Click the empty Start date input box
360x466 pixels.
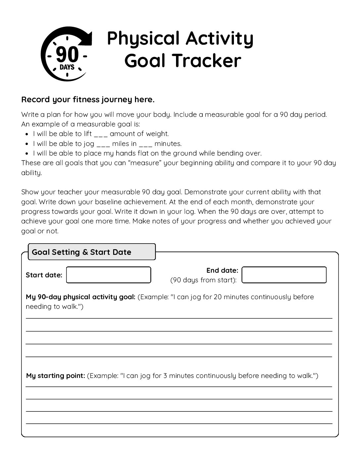click(109, 275)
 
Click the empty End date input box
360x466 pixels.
click(284, 275)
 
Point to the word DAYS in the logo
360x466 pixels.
click(67, 68)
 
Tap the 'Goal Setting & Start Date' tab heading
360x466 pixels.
click(81, 252)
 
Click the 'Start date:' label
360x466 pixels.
click(44, 275)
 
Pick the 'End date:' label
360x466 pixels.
click(222, 270)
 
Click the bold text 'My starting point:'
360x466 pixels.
click(56, 376)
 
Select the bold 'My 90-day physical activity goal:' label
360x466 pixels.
click(80, 297)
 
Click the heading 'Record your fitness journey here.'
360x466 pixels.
click(88, 100)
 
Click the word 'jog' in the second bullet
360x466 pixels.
click(90, 144)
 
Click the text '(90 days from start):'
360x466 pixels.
click(203, 280)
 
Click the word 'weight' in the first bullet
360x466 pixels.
click(157, 134)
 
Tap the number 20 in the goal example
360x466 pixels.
click(218, 297)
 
